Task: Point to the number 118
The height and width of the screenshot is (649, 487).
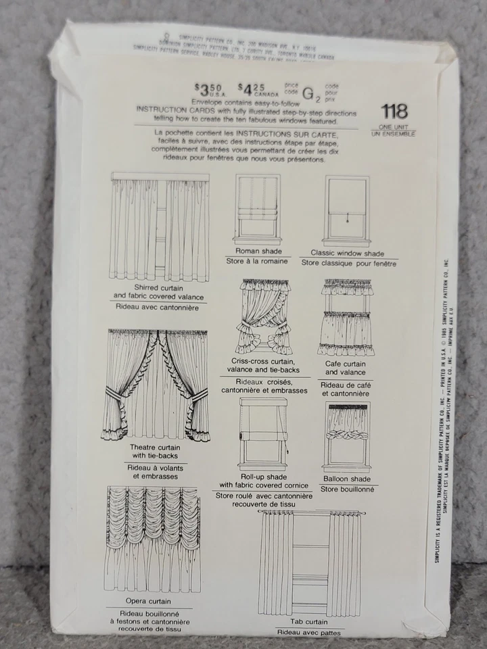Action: coord(394,112)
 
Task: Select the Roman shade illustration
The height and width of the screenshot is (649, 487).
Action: coord(257,208)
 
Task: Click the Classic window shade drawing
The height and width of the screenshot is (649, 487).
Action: coord(347,210)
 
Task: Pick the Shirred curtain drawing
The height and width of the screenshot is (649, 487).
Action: coord(160,227)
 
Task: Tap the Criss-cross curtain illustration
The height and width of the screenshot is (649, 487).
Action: coord(264,316)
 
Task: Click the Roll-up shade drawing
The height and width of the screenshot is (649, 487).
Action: coord(263,433)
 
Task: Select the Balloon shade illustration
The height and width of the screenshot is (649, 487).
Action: coord(347,436)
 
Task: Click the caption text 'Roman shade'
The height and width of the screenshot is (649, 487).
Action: coord(258,251)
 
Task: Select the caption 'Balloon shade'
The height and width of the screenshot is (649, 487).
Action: coord(347,479)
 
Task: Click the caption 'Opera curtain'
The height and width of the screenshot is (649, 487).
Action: coord(148,600)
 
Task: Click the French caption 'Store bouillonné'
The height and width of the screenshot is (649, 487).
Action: coord(347,489)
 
